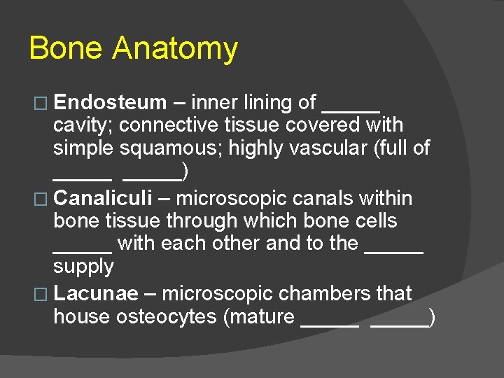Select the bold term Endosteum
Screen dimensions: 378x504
(x=110, y=103)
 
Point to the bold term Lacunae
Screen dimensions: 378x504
(x=96, y=293)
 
